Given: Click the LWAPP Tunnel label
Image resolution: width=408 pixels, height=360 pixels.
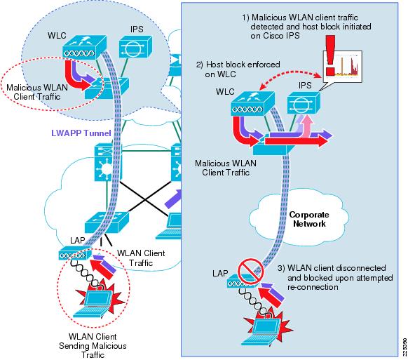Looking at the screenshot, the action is (x=81, y=133).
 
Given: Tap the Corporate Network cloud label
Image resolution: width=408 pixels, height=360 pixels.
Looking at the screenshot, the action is (x=309, y=219).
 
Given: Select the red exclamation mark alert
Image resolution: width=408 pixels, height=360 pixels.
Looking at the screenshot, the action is (x=330, y=55).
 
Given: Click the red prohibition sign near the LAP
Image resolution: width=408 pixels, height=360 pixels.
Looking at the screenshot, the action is (x=250, y=271).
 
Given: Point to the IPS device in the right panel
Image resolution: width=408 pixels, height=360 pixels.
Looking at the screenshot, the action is (x=304, y=102).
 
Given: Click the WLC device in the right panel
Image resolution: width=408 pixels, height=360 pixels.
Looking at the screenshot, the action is (x=252, y=103).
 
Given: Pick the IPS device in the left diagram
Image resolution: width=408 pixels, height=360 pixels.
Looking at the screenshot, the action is (x=135, y=46).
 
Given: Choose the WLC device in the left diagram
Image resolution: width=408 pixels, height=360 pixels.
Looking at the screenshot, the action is (x=84, y=48).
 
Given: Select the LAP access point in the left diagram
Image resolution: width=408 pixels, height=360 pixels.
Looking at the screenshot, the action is (x=75, y=254).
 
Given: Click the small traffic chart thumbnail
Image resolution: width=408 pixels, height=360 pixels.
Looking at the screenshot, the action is (x=343, y=67).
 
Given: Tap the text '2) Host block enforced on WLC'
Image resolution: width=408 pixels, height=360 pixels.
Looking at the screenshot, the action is (x=238, y=69).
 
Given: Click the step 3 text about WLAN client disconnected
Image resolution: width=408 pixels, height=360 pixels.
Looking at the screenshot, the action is (x=335, y=277).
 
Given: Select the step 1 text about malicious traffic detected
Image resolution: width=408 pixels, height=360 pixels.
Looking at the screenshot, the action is (x=306, y=27).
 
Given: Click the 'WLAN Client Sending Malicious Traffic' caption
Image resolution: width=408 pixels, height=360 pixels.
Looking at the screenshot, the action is (x=93, y=346).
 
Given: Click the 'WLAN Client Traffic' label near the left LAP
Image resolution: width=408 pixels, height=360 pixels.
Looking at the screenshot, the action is (x=141, y=258).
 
